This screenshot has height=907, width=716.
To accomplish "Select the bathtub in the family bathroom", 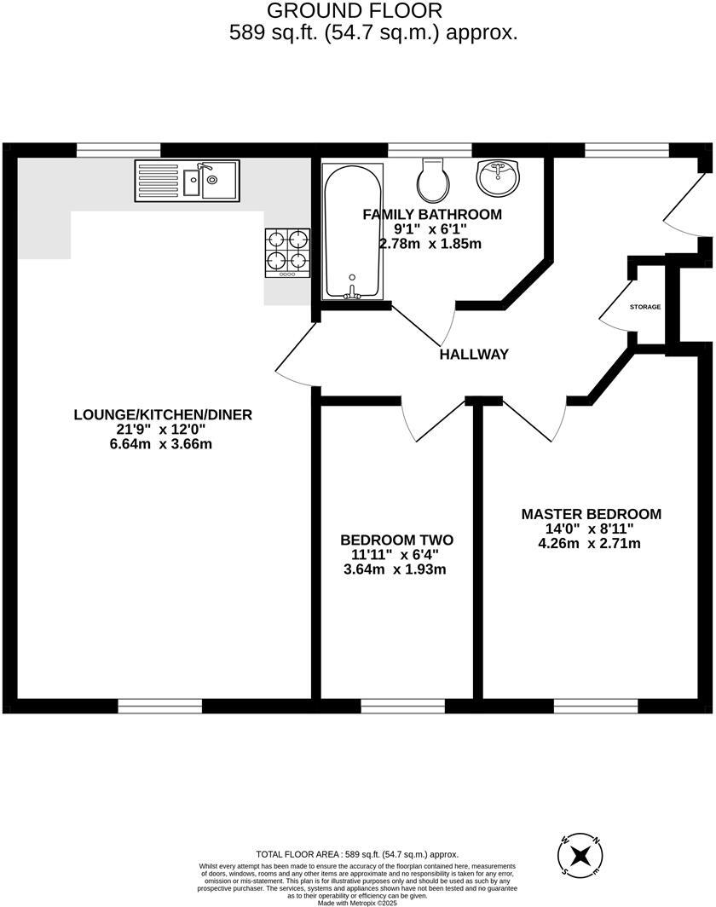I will (x=353, y=229).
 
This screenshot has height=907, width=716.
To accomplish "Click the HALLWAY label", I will (x=474, y=354).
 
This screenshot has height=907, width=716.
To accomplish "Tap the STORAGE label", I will (x=644, y=307).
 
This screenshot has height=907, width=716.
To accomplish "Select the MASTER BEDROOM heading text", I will (x=591, y=514).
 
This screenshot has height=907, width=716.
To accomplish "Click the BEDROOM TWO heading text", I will (x=396, y=540).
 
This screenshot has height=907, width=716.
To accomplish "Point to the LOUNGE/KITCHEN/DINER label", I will (x=163, y=415).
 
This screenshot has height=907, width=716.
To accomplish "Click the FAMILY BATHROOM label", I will (x=431, y=214).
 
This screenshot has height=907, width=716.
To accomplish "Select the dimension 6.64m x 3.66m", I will (x=163, y=444).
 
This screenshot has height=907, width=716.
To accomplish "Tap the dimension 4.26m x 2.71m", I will (x=591, y=543).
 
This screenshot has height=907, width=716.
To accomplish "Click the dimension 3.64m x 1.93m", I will (x=396, y=569).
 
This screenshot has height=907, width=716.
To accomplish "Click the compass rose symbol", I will (x=580, y=856).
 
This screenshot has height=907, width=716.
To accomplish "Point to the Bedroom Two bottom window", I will (x=402, y=706).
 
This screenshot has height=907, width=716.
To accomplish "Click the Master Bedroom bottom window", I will (x=595, y=706).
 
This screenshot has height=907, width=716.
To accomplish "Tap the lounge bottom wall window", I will (x=160, y=706).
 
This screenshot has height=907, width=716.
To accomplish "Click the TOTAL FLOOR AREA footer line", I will (x=357, y=854).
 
